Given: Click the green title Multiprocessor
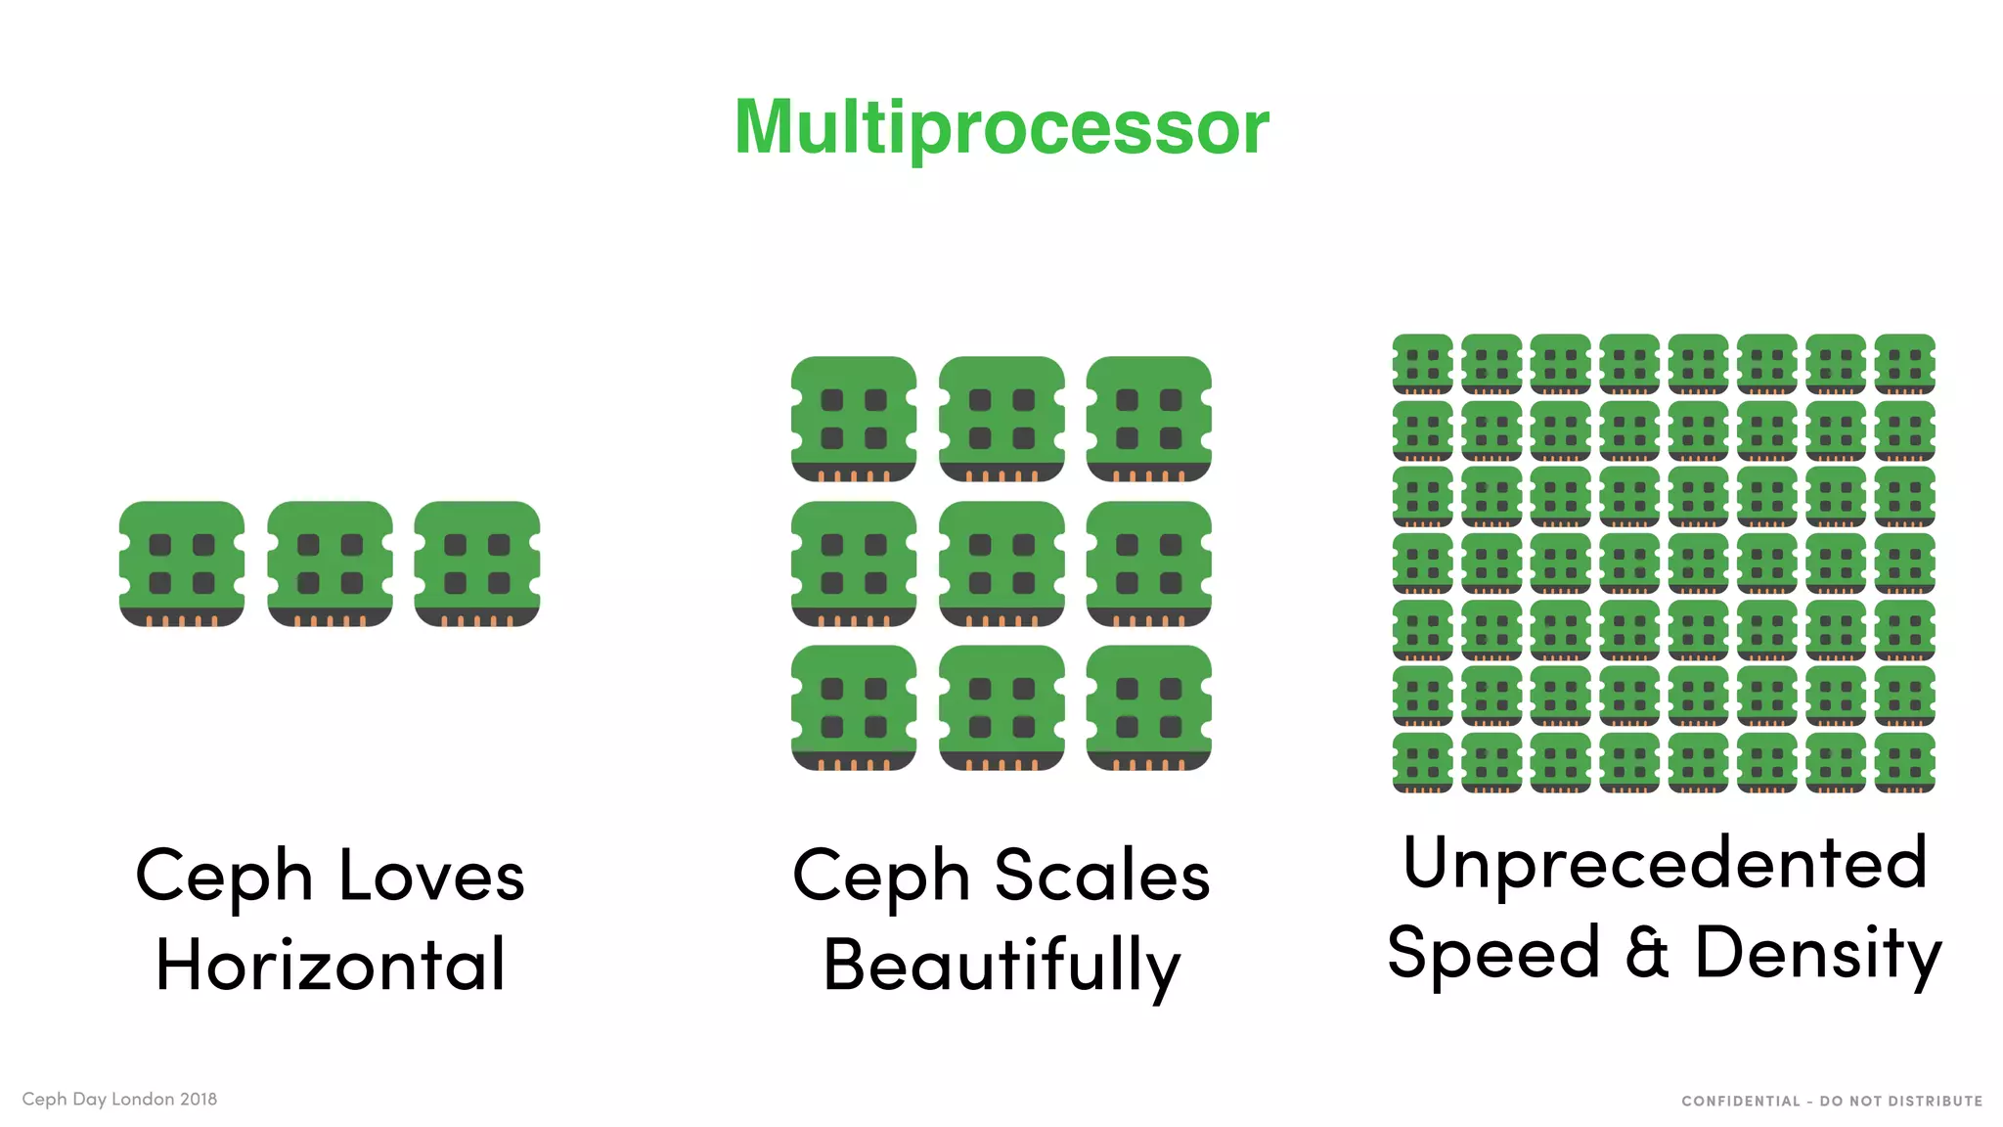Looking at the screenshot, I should click(x=1001, y=127).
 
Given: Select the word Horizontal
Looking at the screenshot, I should click(x=331, y=965).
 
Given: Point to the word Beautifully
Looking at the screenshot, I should click(x=1001, y=965).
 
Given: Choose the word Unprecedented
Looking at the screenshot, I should click(x=1665, y=863).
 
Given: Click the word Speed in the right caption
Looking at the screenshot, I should click(x=1493, y=952).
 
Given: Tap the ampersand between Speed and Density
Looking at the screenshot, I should click(x=1647, y=952).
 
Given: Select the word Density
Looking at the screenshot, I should click(x=1817, y=952).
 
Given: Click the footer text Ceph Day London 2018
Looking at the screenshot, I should click(x=119, y=1099).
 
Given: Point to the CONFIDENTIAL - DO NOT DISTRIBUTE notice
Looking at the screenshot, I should click(x=1831, y=1101).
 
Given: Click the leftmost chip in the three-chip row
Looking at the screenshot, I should click(x=182, y=563).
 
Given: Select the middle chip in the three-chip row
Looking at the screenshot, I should click(x=330, y=563).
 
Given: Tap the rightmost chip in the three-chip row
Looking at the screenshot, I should click(x=477, y=563).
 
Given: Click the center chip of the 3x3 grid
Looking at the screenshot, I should click(x=1001, y=563).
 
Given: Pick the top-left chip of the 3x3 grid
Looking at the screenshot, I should click(x=854, y=419).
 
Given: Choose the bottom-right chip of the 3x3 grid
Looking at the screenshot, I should click(x=1149, y=707).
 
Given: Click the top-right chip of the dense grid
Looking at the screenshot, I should click(x=1905, y=364).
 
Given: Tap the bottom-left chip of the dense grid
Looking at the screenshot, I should click(x=1423, y=762).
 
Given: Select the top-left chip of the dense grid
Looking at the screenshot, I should click(x=1423, y=364).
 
